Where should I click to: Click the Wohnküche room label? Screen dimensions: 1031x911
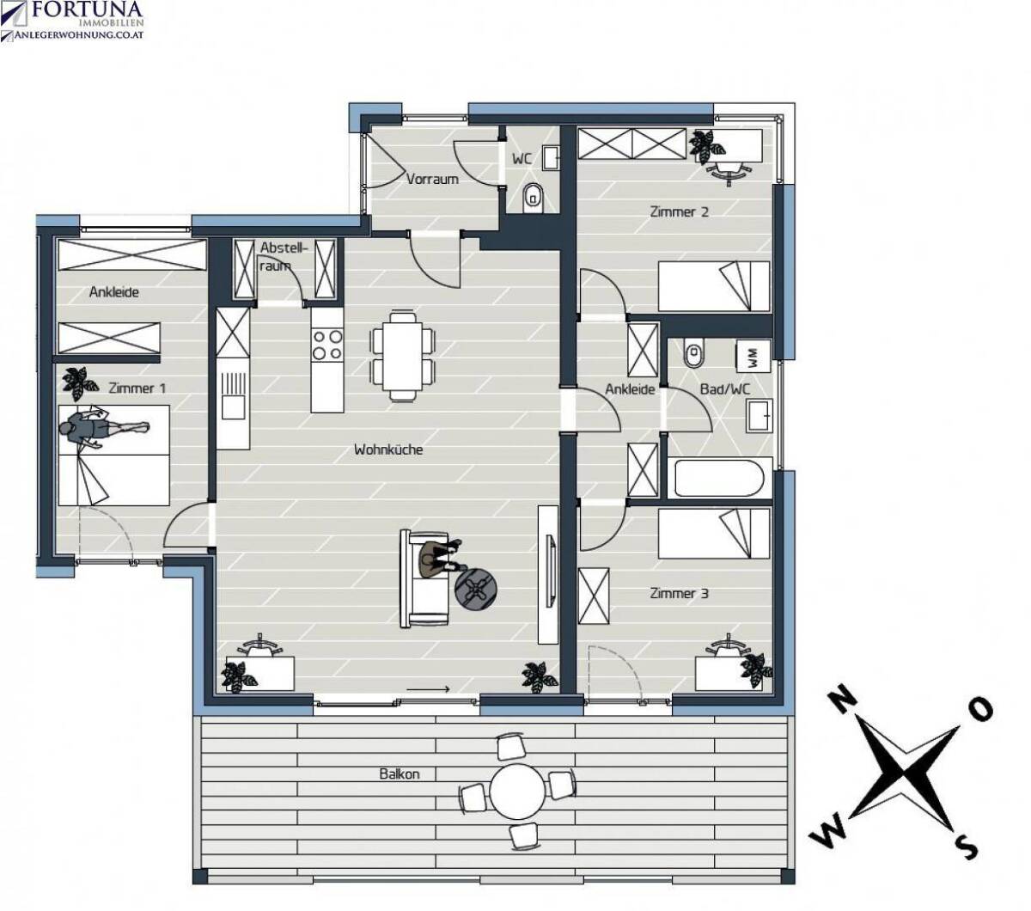click(388, 449)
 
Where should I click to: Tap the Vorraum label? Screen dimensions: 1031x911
click(432, 180)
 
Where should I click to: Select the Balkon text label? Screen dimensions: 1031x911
click(400, 774)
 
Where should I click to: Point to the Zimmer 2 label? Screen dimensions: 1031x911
click(679, 211)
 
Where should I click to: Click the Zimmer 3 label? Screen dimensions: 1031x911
click(679, 593)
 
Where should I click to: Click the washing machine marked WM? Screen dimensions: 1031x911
click(753, 356)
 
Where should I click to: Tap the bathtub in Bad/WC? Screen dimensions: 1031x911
click(719, 478)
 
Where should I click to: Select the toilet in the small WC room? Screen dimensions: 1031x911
click(533, 197)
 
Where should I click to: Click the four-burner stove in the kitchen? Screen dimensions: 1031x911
click(327, 345)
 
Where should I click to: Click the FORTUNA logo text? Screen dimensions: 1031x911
click(88, 9)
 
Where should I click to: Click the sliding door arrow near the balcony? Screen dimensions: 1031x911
click(428, 689)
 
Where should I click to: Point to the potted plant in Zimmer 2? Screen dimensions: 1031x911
click(706, 146)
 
